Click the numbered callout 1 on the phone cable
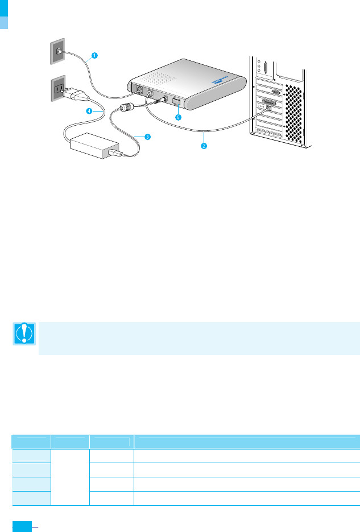[94, 56]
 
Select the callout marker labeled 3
[147, 137]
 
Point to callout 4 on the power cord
[89, 112]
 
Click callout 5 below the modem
[178, 118]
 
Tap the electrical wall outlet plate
[58, 88]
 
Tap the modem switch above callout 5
[176, 104]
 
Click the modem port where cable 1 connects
[139, 90]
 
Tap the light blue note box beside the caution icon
[198, 338]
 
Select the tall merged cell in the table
[70, 477]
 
